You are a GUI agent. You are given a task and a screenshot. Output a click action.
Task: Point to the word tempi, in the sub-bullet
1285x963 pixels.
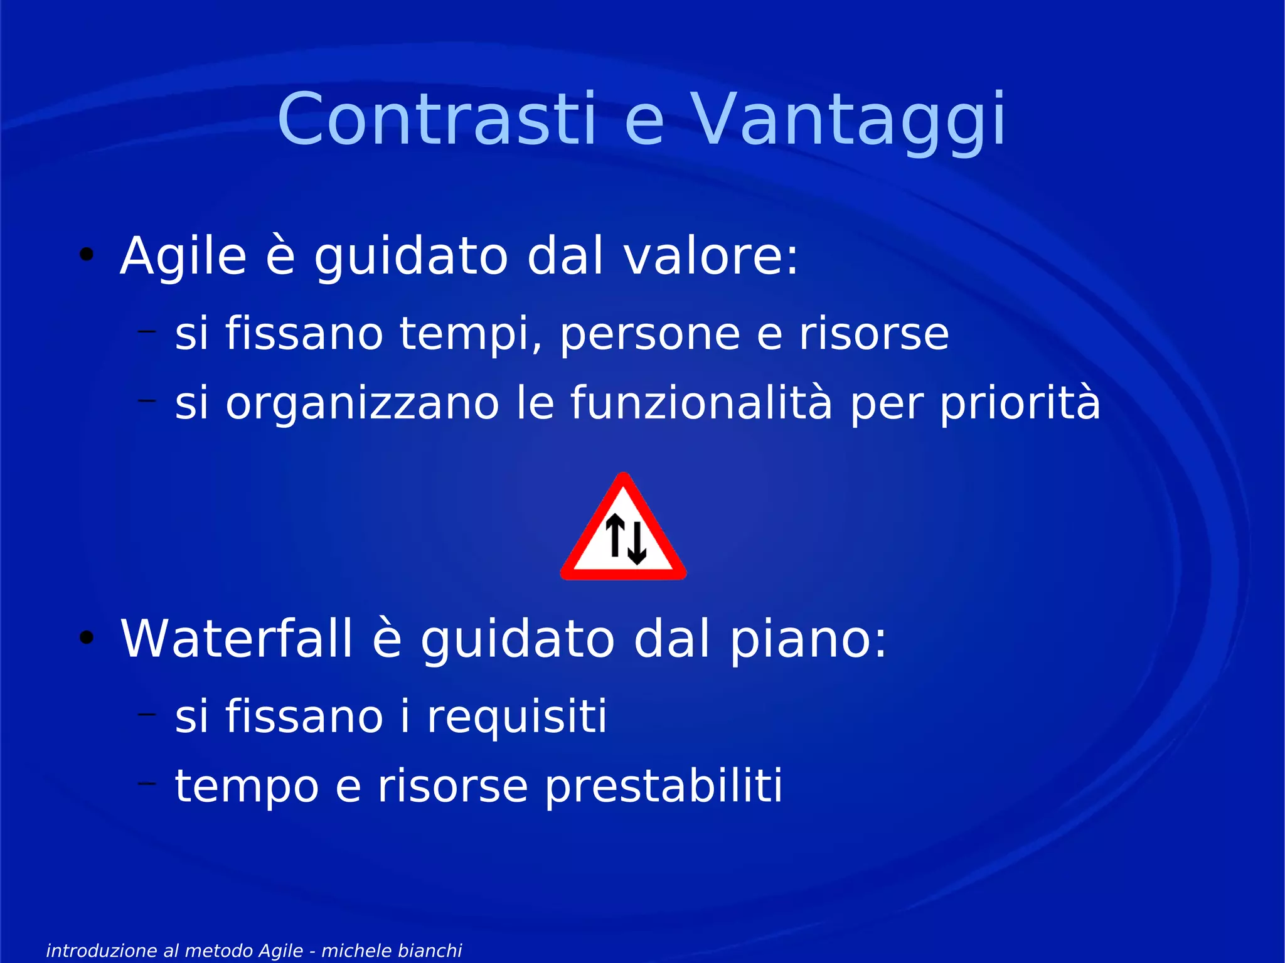(x=471, y=334)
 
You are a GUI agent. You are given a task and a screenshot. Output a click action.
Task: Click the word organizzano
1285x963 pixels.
(x=362, y=403)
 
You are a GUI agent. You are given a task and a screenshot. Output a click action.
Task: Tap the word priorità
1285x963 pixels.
(x=1020, y=403)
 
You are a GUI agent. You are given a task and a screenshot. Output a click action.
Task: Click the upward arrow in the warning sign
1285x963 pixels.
(x=615, y=535)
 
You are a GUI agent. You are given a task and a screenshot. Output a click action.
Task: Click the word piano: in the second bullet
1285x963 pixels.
(x=808, y=640)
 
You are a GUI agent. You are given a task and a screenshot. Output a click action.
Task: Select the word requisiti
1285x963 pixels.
(x=516, y=716)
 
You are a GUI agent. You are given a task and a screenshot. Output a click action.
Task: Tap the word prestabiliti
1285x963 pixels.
(x=663, y=786)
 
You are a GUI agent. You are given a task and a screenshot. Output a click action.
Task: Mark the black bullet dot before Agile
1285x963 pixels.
(x=87, y=255)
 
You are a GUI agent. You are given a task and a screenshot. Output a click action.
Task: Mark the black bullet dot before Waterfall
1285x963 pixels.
(x=87, y=637)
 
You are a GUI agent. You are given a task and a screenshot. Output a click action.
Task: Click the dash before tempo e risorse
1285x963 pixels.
(x=147, y=782)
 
